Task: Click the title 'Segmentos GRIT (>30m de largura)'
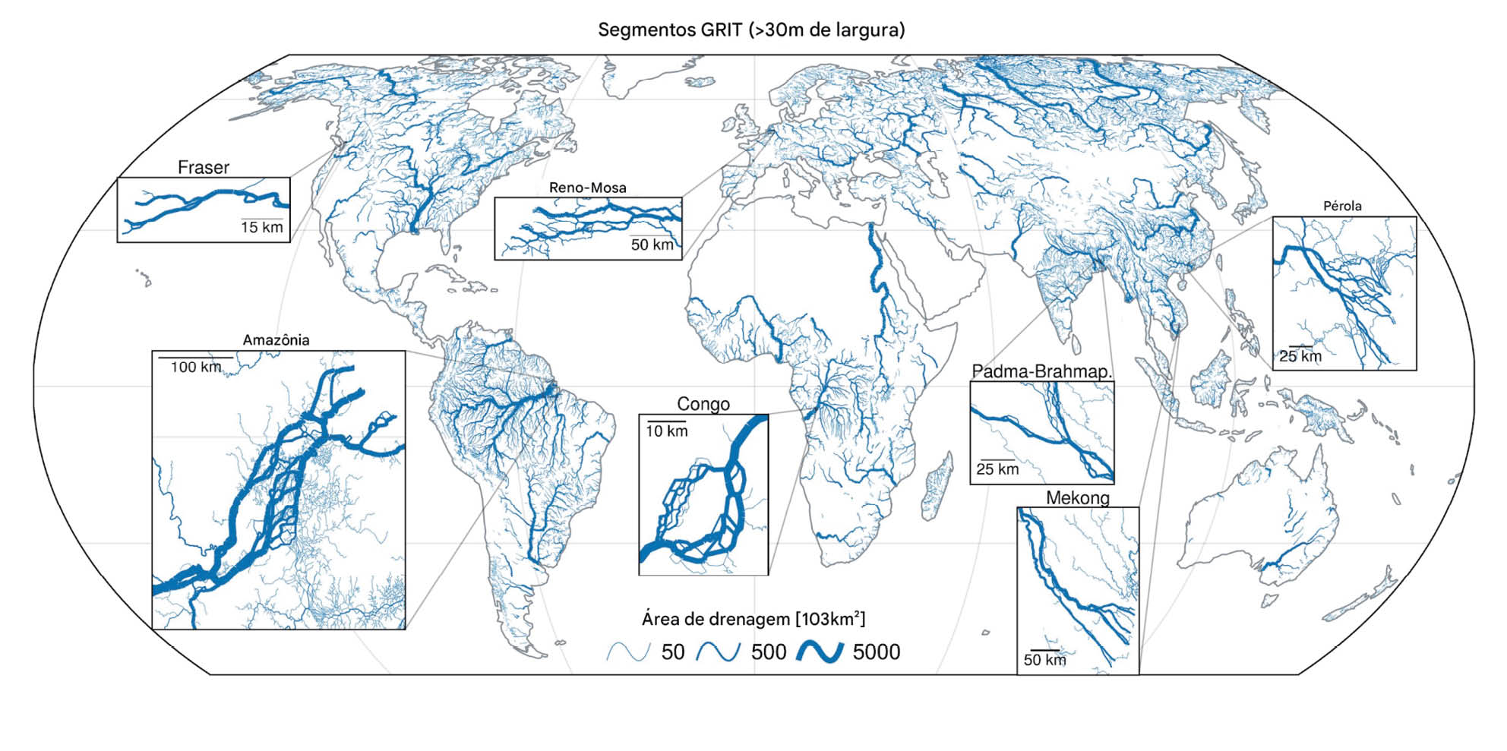point(751,30)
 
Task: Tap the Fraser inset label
point(203,167)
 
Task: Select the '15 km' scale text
point(261,227)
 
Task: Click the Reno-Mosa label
point(587,188)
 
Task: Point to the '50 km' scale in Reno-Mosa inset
point(652,245)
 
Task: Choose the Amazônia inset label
point(276,340)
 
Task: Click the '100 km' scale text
point(195,368)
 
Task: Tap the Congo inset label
point(703,404)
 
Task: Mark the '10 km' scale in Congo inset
point(666,431)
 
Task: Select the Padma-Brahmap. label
point(1041,371)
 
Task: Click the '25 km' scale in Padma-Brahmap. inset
point(997,469)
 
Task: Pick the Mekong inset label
point(1077,498)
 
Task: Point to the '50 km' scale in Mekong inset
point(1044,660)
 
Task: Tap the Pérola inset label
point(1342,206)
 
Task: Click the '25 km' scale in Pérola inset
point(1300,356)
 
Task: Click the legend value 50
point(672,652)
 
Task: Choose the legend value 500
point(768,652)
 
